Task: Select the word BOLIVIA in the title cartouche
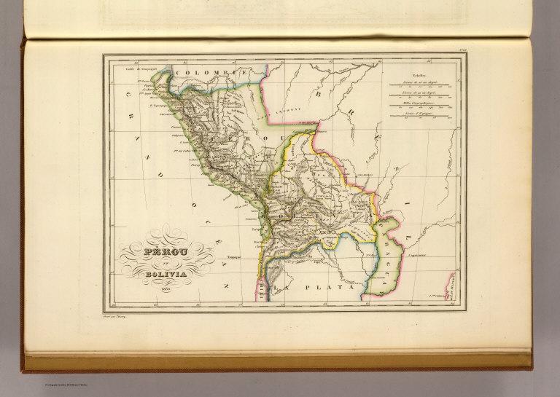(x=167, y=275)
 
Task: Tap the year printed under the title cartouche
(x=167, y=289)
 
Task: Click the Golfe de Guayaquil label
(x=142, y=71)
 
